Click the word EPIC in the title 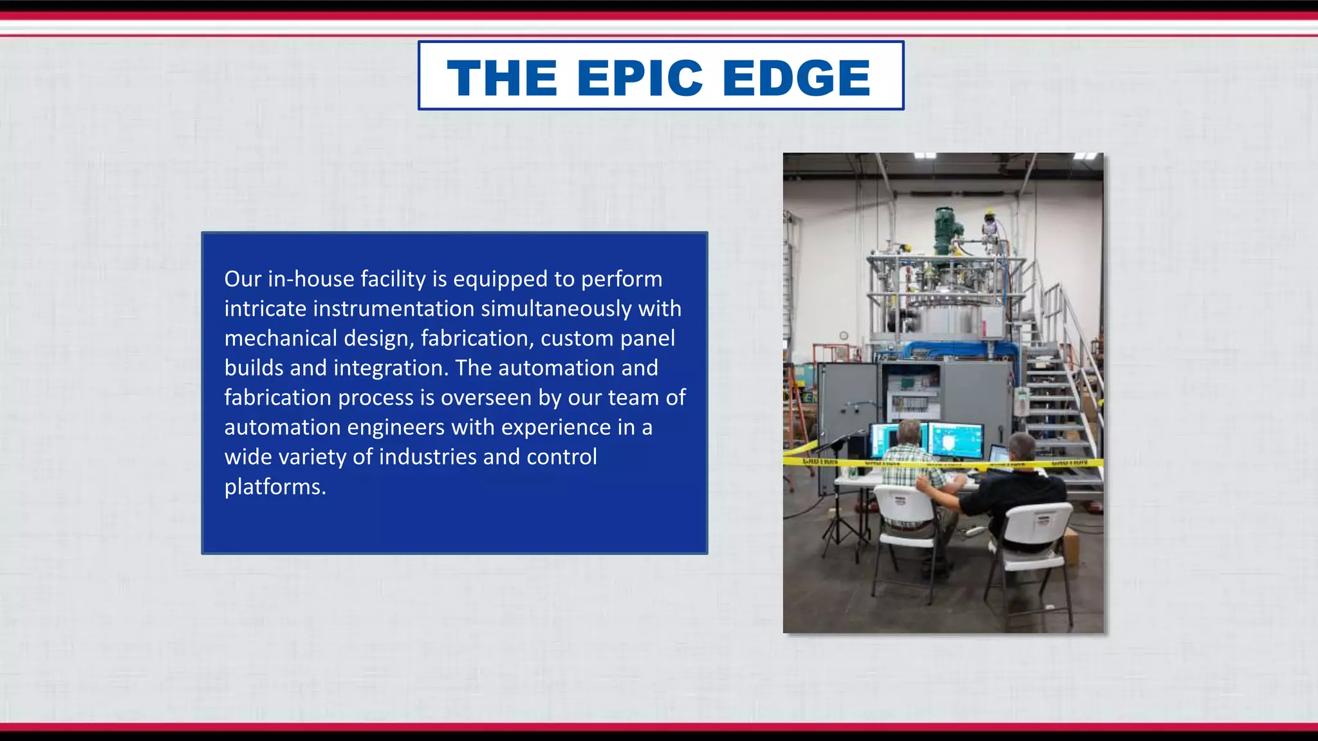pos(640,78)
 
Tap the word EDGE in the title pos(796,78)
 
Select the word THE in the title pos(502,78)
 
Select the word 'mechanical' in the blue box pos(281,338)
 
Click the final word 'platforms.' pos(275,487)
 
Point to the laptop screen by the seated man pos(998,454)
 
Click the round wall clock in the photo pos(844,335)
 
